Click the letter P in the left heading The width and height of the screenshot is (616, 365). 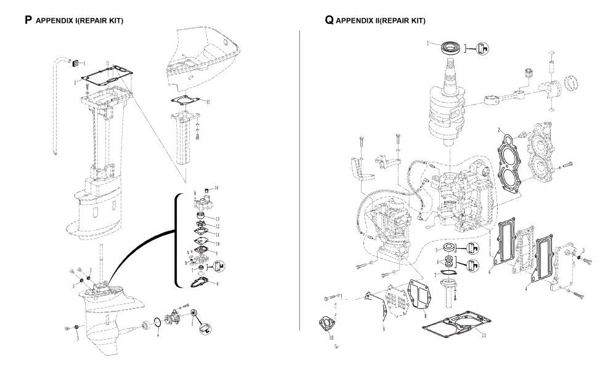coord(28,20)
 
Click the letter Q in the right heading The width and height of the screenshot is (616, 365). coord(330,20)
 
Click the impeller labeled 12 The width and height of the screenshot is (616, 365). coord(203,225)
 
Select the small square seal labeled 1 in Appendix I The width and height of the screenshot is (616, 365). coord(76,62)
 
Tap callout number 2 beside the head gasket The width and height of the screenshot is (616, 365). coord(498,130)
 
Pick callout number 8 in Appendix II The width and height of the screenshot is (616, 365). coord(424,315)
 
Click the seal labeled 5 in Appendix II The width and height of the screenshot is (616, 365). coord(447,249)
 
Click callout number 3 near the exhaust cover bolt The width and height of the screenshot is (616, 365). coord(583,251)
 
